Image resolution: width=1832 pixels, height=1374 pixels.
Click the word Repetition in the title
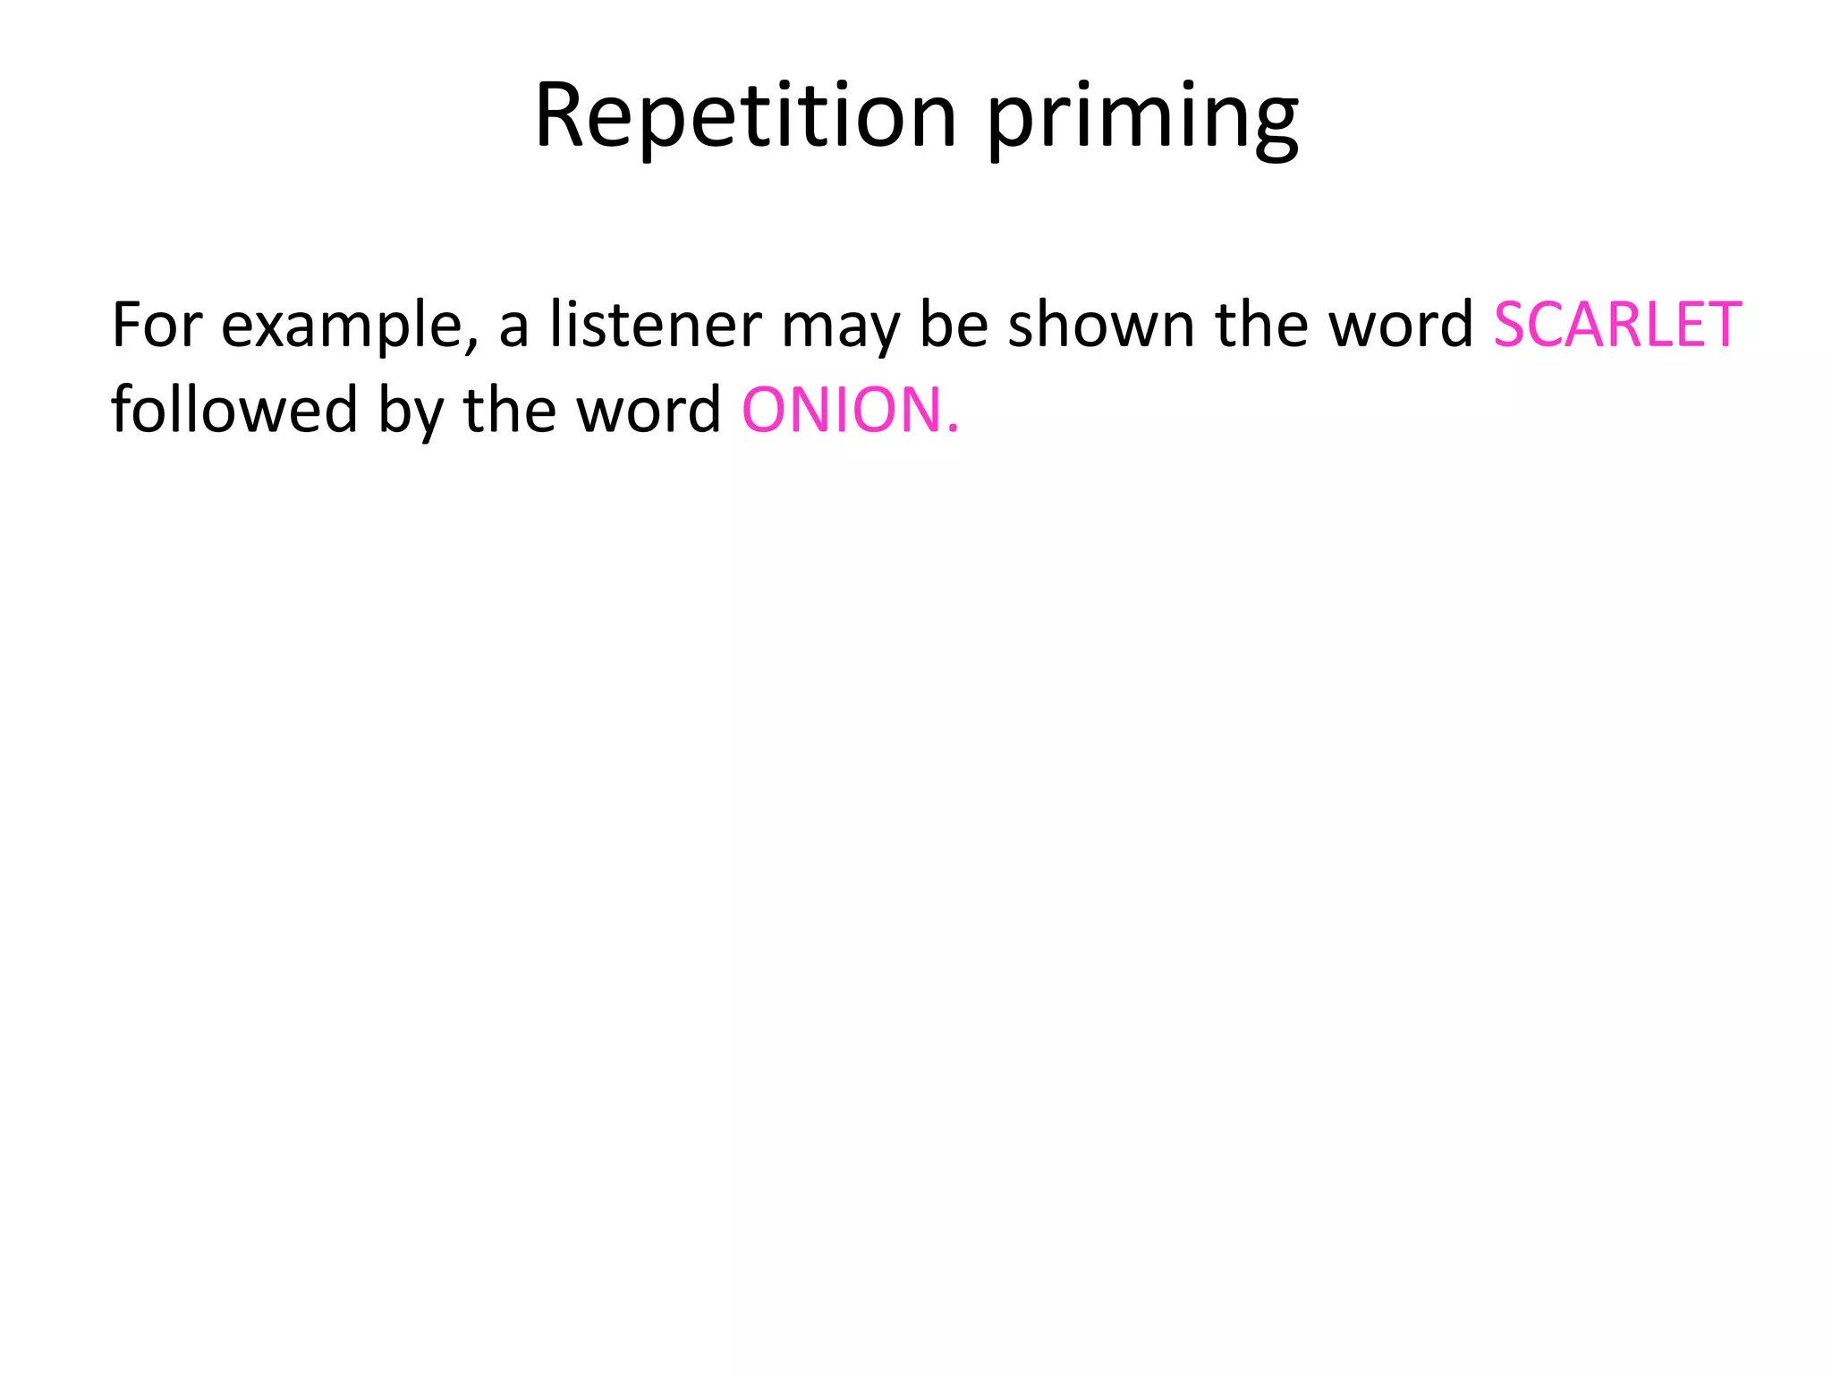pos(745,116)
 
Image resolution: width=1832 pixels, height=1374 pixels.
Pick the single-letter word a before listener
pos(513,327)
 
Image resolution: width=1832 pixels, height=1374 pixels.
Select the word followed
pos(234,409)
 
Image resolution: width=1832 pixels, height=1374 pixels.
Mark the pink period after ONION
pos(953,431)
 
